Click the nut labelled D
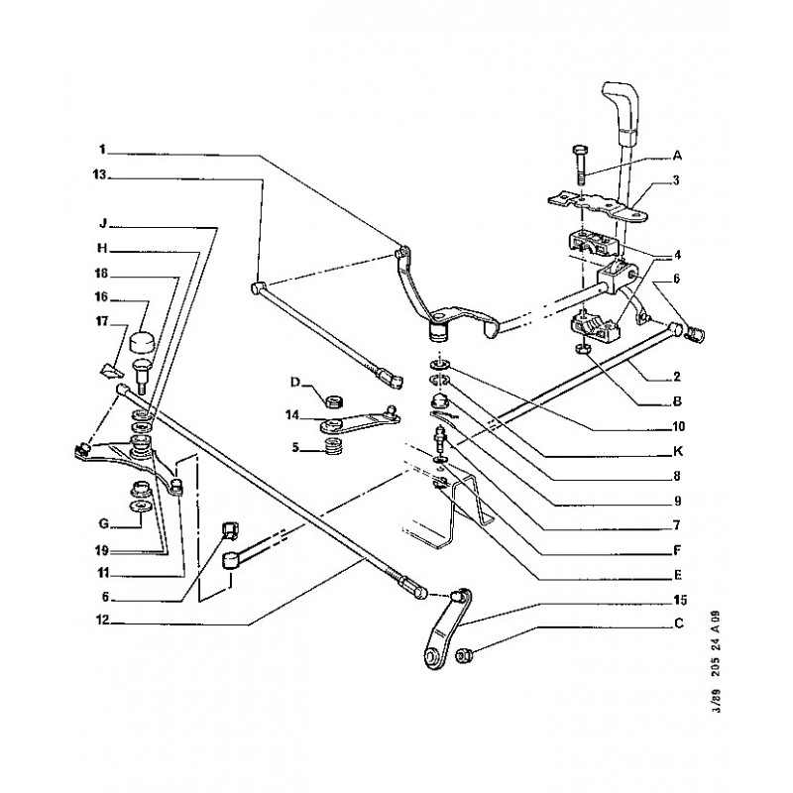(333, 402)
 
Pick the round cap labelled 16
(142, 342)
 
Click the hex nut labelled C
(461, 656)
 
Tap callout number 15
(680, 600)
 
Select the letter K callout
(678, 451)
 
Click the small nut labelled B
(584, 350)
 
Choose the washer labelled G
(138, 507)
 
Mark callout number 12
(103, 621)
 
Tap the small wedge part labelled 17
(111, 372)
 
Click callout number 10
(678, 426)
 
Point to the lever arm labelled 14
(357, 418)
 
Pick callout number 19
(102, 550)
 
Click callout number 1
(102, 150)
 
